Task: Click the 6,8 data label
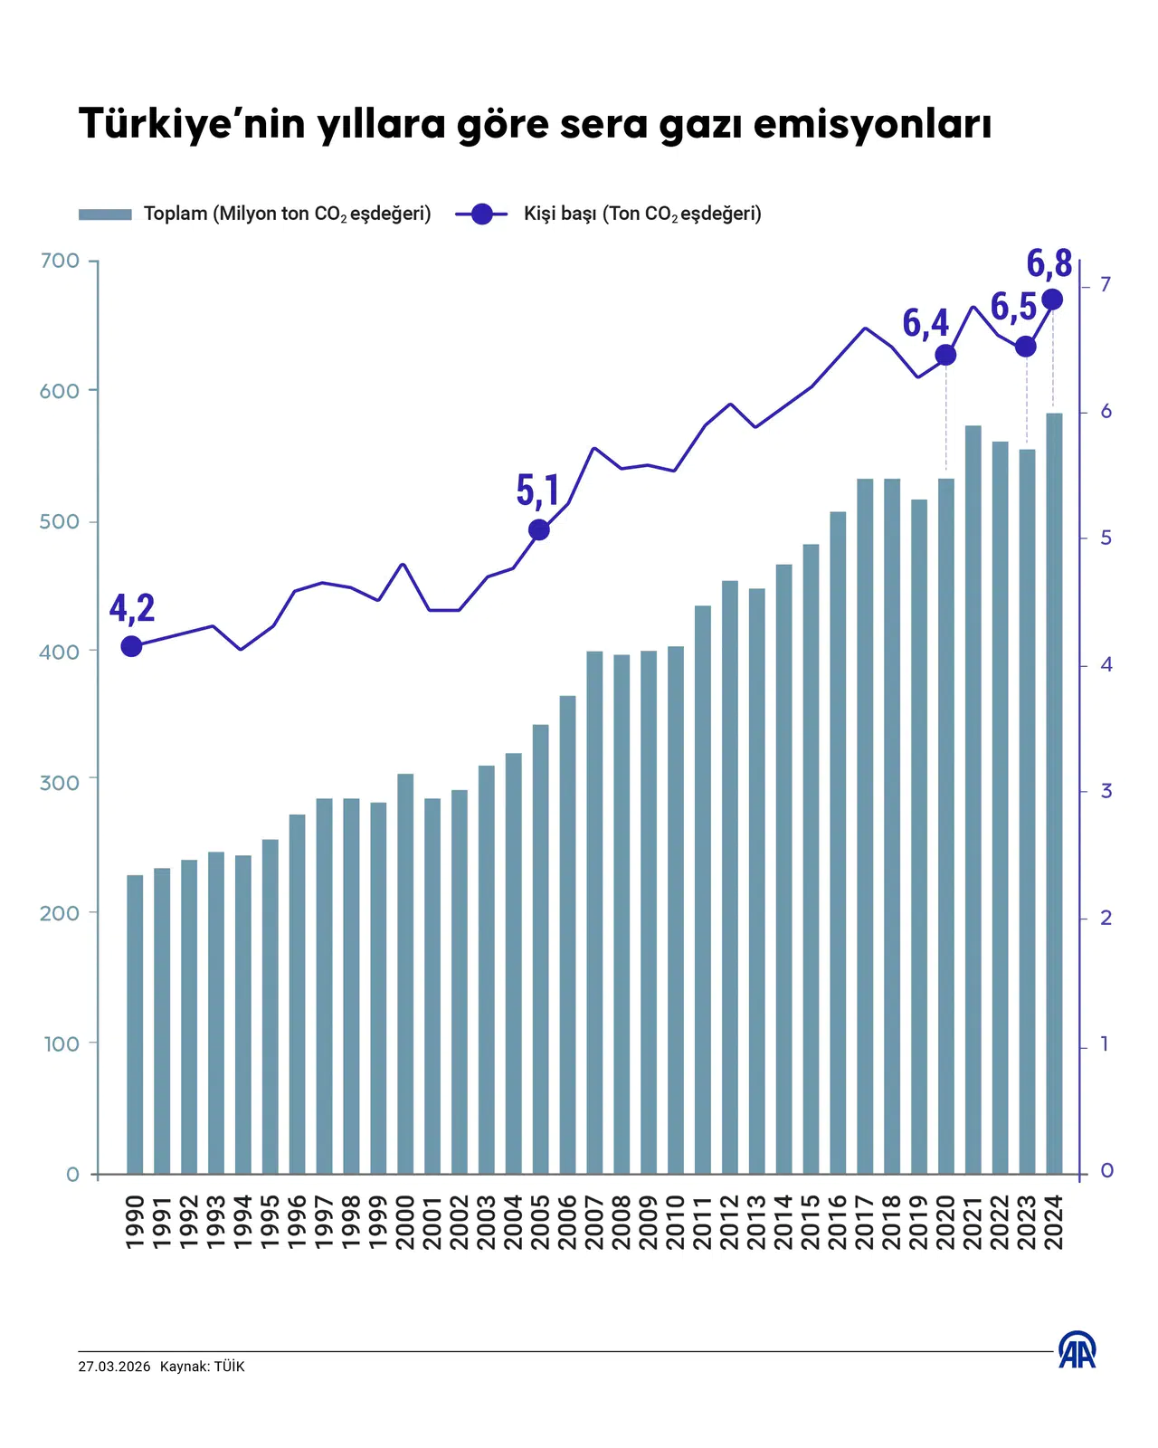[x=1049, y=263]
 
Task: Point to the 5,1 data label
[x=537, y=491]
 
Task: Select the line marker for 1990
[x=132, y=646]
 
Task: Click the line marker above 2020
[x=945, y=355]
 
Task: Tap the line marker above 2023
[x=1026, y=347]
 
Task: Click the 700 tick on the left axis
[x=60, y=262]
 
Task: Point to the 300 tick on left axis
[x=60, y=783]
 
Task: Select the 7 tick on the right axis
[x=1105, y=285]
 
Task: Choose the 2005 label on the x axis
[x=540, y=1222]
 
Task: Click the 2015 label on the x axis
[x=811, y=1222]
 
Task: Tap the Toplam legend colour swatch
[x=105, y=214]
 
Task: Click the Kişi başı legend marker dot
[x=482, y=214]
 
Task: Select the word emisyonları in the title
[x=872, y=124]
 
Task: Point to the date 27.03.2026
[x=114, y=1367]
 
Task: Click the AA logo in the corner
[x=1077, y=1350]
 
